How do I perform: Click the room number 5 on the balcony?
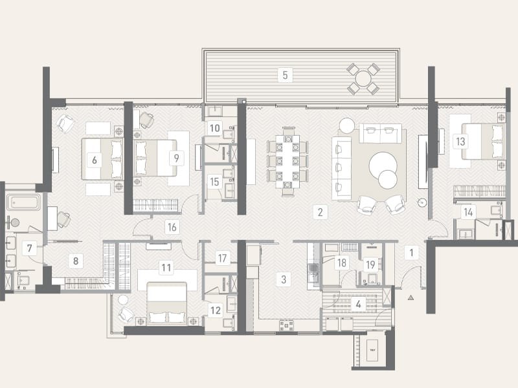(x=285, y=75)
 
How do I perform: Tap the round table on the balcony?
(x=363, y=79)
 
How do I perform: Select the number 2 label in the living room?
(x=320, y=212)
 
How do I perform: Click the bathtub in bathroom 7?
(x=24, y=202)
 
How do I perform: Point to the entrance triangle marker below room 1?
(x=411, y=297)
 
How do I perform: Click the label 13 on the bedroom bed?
(x=460, y=142)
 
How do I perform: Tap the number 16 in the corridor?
(x=172, y=227)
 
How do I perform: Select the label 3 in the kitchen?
(x=284, y=279)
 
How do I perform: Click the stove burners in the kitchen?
(x=286, y=325)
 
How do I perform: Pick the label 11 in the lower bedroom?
(x=166, y=268)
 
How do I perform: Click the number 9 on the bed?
(x=176, y=158)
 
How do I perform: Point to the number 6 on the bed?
(x=95, y=160)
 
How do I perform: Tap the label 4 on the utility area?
(x=359, y=304)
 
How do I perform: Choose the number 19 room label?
(x=370, y=264)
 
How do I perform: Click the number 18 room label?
(x=342, y=263)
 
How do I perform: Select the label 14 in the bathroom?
(x=468, y=212)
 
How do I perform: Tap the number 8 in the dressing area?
(x=76, y=261)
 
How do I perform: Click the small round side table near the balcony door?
(x=347, y=125)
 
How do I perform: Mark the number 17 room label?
(x=222, y=258)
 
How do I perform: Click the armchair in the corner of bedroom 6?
(x=65, y=124)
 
